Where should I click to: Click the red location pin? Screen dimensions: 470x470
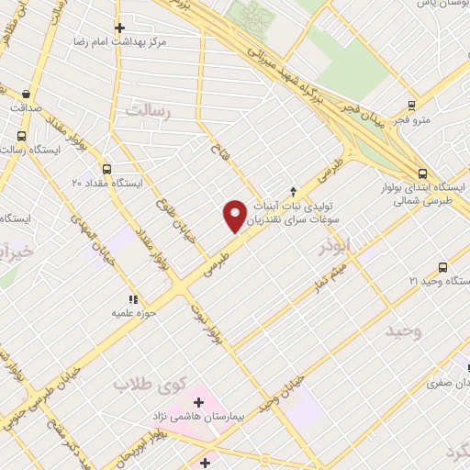(x=236, y=215)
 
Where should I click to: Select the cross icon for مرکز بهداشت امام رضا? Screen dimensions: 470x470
(x=118, y=28)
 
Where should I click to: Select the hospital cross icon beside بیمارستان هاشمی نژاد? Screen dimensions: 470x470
(x=198, y=402)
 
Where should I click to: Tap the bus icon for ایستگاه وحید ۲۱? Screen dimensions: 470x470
(x=442, y=267)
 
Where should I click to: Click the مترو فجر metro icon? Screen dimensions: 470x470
(x=411, y=106)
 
